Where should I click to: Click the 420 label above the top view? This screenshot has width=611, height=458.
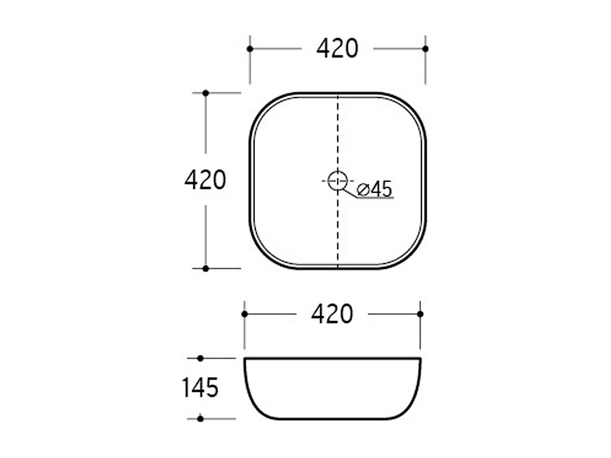[x=337, y=48]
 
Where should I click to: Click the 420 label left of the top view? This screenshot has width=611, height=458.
[x=205, y=180]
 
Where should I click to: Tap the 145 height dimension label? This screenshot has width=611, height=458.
[x=200, y=388]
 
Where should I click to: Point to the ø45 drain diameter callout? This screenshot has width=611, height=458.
[x=375, y=189]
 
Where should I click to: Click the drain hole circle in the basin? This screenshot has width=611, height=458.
[x=338, y=181]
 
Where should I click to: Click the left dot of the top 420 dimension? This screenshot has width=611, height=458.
[x=250, y=49]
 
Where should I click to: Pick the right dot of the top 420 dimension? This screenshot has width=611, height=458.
[x=425, y=49]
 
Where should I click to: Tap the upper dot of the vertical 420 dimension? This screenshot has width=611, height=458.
[x=206, y=93]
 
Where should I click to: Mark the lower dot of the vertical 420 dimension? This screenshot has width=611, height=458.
[x=206, y=269]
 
